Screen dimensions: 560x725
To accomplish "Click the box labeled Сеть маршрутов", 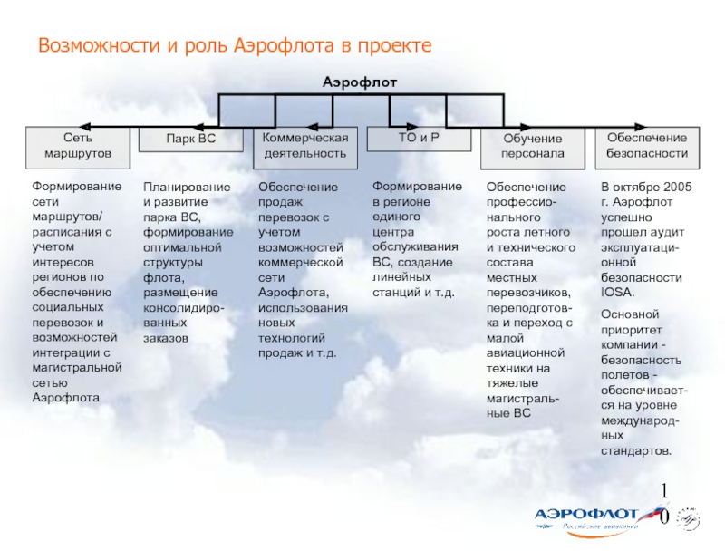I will [77, 147].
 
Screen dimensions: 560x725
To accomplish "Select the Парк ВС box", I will [190, 141].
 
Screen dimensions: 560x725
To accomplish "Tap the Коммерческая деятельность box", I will [305, 146].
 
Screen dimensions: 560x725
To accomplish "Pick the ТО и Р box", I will [419, 139].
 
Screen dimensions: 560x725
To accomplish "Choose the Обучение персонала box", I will [533, 147].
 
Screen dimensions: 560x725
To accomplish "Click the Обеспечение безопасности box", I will [647, 146].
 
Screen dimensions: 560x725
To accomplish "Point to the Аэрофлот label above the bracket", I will [361, 82].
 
